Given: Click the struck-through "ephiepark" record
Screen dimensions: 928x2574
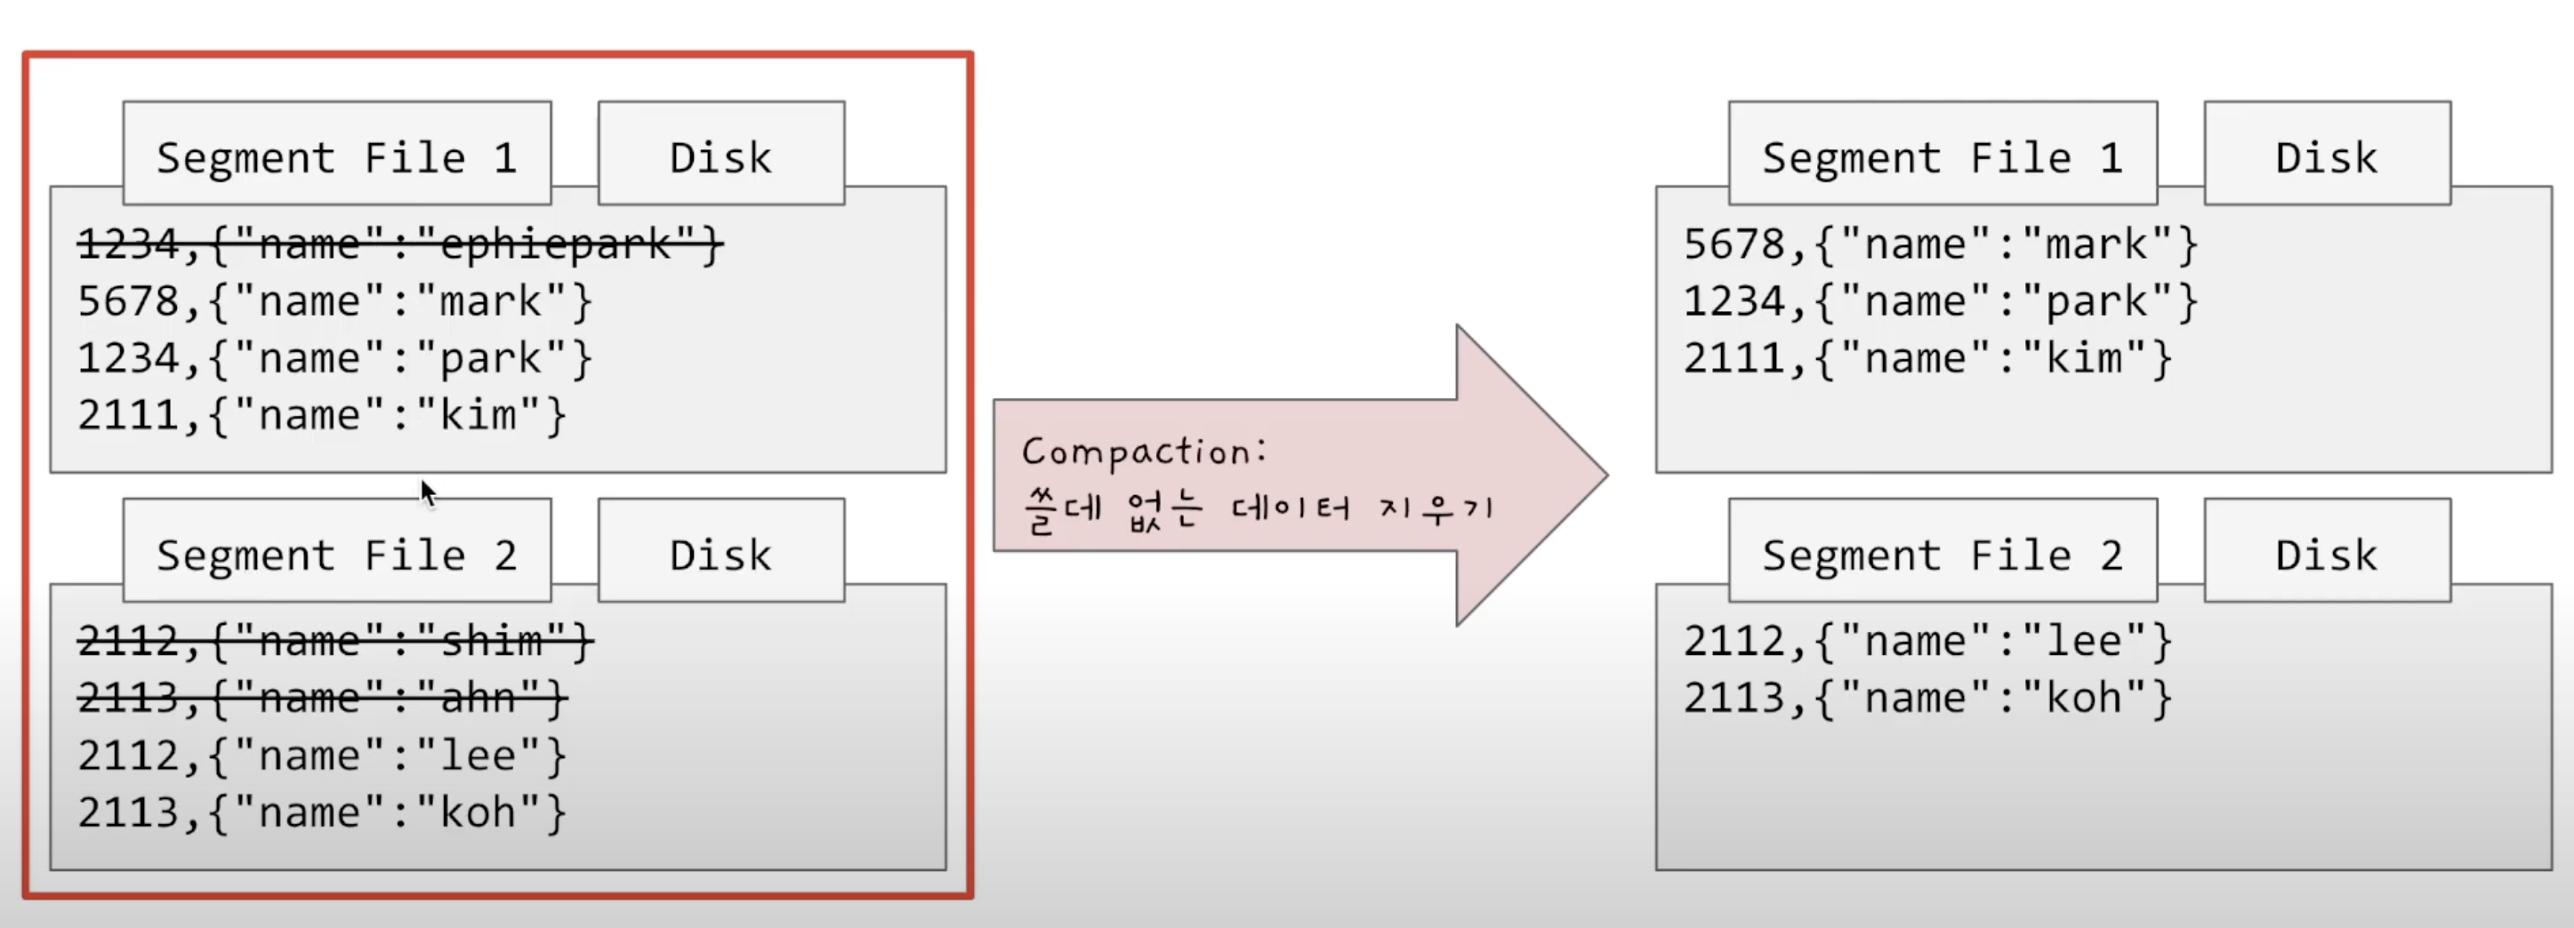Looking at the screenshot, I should pos(399,244).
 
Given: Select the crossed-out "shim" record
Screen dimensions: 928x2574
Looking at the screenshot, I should pos(334,641).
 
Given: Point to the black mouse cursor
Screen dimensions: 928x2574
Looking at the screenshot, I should pos(428,492).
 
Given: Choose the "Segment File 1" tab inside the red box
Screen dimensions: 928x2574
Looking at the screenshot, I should pos(337,156).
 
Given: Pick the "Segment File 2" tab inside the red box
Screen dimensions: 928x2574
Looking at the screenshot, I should pos(337,555).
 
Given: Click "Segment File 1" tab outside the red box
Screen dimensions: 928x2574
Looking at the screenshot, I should pos(1942,156).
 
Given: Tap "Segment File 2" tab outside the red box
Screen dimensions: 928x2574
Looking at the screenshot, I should pos(1942,555).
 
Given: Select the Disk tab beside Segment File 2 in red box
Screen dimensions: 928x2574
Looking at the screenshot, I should pos(720,555).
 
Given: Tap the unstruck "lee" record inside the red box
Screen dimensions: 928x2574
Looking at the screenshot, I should pos(322,756).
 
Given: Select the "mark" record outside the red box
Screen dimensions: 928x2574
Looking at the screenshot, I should pos(1940,244).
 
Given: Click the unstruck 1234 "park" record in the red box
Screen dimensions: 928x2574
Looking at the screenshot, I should pos(334,358).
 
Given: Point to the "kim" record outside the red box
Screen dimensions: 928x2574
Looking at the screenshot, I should pos(1926,358).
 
